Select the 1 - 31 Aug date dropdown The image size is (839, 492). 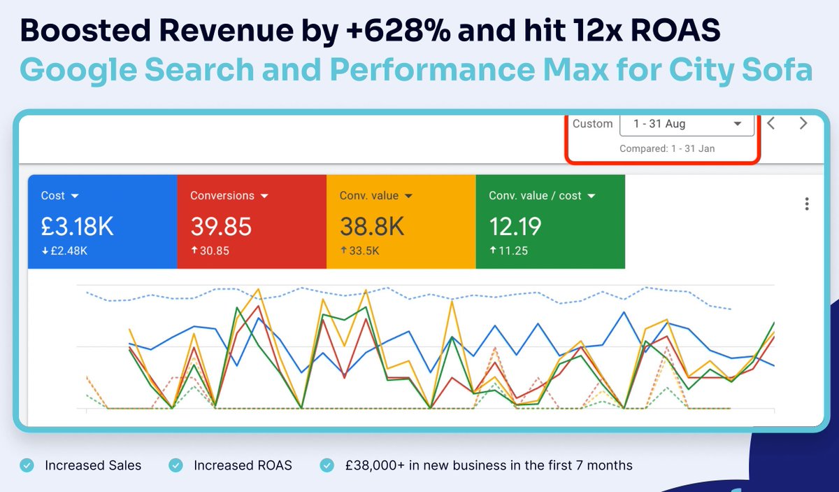coord(687,124)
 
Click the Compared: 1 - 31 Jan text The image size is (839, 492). coord(667,148)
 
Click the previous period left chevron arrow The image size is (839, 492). coord(771,124)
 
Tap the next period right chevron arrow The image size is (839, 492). coord(803,124)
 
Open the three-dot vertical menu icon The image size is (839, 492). coord(807,204)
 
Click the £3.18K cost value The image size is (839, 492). coord(77,227)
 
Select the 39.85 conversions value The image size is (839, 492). coord(221,227)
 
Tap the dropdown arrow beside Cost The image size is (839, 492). coord(75,196)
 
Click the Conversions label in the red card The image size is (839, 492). coord(222,196)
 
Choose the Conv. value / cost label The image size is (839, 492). coord(535,196)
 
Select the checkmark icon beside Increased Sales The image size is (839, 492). coord(27,465)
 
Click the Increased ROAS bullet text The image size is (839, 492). coord(243,465)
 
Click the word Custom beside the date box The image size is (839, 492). coord(592,124)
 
